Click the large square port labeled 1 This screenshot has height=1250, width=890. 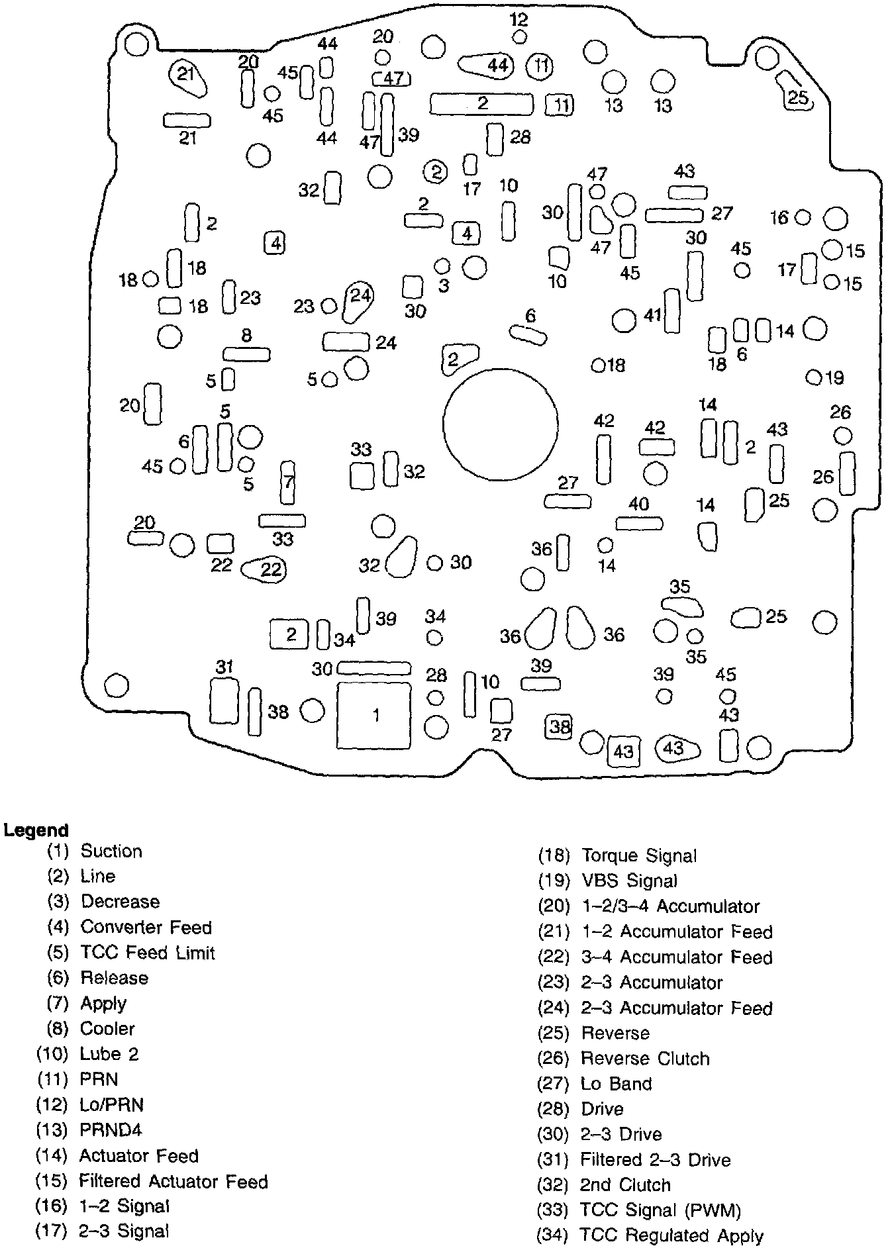pos(375,715)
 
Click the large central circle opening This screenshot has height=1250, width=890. pos(501,424)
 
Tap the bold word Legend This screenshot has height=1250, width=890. pos(36,830)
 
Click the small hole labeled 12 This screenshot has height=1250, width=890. pos(520,37)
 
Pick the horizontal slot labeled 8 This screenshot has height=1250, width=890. pos(246,354)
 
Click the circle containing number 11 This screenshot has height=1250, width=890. pos(541,66)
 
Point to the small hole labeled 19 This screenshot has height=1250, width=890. pos(813,377)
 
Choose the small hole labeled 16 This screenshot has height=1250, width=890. pos(802,217)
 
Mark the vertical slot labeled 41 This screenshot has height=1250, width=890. pos(672,310)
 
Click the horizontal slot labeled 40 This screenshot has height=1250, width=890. pos(639,523)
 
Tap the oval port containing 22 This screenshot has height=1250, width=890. pos(265,569)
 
